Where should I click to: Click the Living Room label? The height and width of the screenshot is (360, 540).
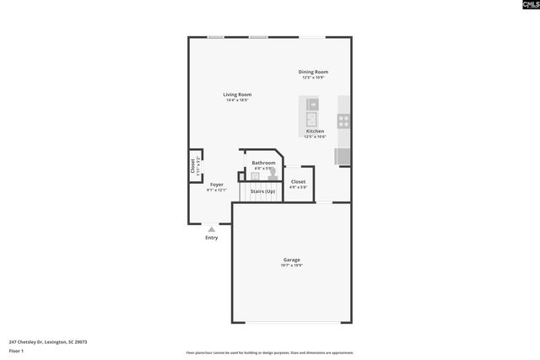click(x=237, y=94)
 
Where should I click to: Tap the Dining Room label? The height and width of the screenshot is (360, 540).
click(x=313, y=72)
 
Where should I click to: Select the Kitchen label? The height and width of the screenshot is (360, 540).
click(x=315, y=132)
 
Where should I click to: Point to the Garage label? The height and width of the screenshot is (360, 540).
click(x=291, y=260)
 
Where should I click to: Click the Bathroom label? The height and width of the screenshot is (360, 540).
click(x=263, y=163)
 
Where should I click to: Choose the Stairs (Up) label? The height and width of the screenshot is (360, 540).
click(x=262, y=191)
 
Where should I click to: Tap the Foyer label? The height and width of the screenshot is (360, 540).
click(x=217, y=185)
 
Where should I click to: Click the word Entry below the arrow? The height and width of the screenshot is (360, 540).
click(x=212, y=238)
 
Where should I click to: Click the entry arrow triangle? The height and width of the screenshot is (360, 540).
click(x=212, y=228)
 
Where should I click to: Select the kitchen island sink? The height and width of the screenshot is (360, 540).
click(x=310, y=117)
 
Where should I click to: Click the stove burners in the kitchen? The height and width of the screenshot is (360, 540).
click(x=343, y=120)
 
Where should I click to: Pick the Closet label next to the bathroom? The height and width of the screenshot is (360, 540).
click(x=298, y=181)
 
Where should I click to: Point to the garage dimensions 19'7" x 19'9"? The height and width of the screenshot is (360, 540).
click(x=291, y=266)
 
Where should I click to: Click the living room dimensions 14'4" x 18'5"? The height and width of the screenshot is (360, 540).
click(x=237, y=100)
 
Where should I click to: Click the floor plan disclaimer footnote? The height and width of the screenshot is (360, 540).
click(x=269, y=352)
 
